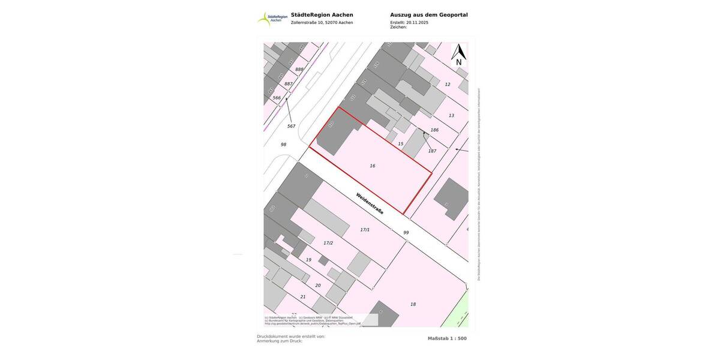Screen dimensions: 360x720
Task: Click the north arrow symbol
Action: tap(458, 54)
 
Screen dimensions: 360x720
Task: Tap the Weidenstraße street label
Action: tap(370, 203)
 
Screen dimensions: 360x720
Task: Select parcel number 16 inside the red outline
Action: tap(373, 166)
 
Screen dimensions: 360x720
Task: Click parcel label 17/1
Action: tap(365, 230)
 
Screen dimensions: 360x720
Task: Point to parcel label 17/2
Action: tap(328, 243)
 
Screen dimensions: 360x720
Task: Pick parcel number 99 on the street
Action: tap(406, 233)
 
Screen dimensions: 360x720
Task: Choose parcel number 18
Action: tap(413, 304)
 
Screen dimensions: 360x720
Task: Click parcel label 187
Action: tap(432, 151)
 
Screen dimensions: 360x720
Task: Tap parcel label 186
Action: tap(434, 130)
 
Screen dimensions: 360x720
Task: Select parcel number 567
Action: tap(291, 126)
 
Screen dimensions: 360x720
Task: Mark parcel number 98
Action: tap(283, 145)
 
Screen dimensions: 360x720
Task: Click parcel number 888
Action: tap(299, 70)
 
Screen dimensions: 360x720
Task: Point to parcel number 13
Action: tap(451, 115)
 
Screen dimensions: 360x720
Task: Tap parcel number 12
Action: tap(447, 85)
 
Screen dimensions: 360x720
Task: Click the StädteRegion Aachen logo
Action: tap(272, 19)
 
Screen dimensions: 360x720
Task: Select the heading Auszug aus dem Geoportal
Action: tap(428, 15)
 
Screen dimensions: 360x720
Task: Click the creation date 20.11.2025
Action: tap(417, 22)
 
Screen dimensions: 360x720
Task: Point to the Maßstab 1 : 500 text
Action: tap(447, 338)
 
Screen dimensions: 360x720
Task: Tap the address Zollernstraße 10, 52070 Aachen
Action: tap(322, 23)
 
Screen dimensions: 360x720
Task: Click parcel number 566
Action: tap(277, 98)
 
